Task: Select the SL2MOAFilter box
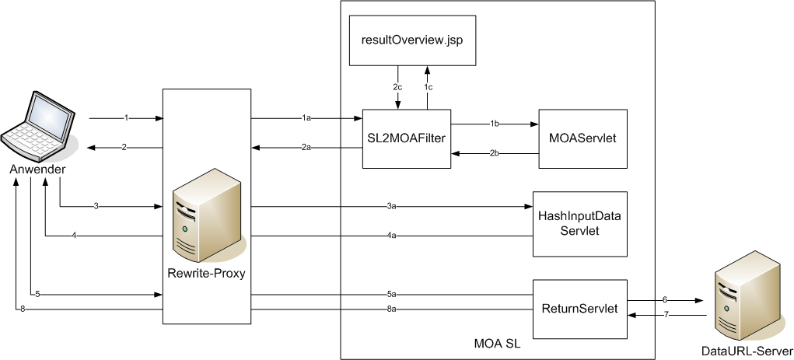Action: point(407,138)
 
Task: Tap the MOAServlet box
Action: point(583,138)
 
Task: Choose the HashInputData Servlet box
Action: point(579,223)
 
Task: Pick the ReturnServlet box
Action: point(579,309)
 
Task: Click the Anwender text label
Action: point(38,169)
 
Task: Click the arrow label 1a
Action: point(306,118)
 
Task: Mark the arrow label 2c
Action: point(397,87)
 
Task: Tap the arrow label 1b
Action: point(495,124)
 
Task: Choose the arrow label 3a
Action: point(391,206)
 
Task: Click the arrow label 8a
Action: point(391,309)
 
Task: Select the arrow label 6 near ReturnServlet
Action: point(665,299)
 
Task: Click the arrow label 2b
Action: point(495,153)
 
